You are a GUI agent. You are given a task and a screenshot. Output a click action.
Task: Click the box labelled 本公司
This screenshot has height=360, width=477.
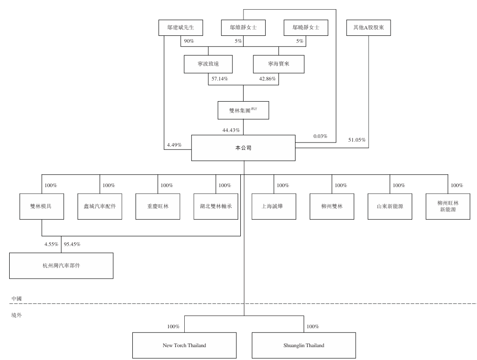(244, 148)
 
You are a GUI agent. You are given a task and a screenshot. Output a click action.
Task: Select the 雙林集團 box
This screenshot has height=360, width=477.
(244, 110)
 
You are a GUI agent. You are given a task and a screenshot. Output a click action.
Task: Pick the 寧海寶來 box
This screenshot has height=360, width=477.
(278, 64)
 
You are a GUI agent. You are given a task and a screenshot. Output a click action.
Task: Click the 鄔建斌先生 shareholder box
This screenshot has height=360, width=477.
(181, 28)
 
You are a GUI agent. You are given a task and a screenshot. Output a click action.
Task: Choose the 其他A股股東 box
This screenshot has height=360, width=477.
(369, 28)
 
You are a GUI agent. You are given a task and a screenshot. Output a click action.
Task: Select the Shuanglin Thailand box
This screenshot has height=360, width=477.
(303, 345)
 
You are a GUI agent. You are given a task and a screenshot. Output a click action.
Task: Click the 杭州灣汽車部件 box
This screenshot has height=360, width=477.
(61, 265)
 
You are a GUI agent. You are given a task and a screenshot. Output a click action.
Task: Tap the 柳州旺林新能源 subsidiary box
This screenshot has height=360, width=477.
(448, 206)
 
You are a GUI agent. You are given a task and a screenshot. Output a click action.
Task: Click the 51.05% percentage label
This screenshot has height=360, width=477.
(356, 139)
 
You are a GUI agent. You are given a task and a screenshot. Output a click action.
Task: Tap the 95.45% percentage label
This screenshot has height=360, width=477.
(72, 244)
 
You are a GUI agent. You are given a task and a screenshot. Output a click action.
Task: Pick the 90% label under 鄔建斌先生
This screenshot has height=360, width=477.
(189, 42)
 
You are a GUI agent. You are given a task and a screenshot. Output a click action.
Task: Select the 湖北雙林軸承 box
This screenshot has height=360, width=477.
(216, 206)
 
